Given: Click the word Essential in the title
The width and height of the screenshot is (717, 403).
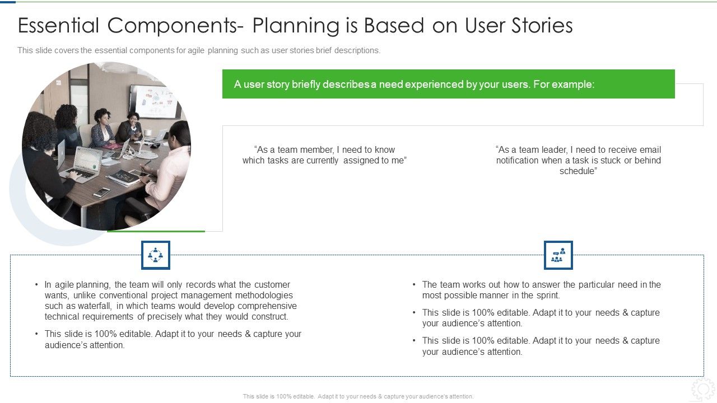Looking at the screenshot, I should point(59,26).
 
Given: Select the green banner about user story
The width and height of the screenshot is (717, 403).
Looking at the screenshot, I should point(448,84).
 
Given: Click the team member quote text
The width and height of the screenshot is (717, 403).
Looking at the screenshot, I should point(324,155).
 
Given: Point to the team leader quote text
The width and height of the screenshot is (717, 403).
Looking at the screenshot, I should point(578,160).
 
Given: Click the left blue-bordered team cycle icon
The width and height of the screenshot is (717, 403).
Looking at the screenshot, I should point(155,255).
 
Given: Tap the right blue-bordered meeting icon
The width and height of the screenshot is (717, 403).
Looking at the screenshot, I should point(558,255).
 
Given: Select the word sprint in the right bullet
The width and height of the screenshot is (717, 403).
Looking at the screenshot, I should point(546,296).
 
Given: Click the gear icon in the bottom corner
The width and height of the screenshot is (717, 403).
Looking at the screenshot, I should point(702,389).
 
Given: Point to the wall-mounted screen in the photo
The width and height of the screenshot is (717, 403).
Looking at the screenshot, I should point(152,101).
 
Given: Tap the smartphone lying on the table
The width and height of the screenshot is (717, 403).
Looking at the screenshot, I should point(101,192).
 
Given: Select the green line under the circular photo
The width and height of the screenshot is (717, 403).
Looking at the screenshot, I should point(156,231).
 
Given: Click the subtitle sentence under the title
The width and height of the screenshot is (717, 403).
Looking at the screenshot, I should point(199,50).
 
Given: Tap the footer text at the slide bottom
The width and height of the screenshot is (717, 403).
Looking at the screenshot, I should point(358,396).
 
